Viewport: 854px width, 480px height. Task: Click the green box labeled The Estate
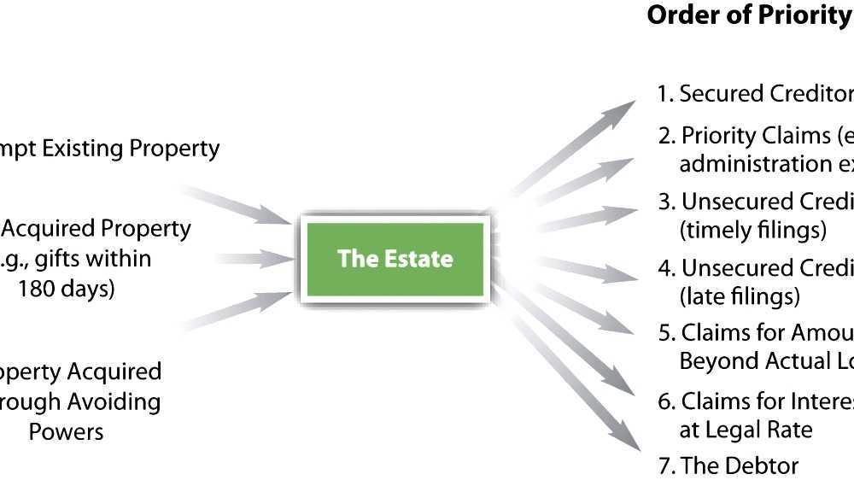pos(395,258)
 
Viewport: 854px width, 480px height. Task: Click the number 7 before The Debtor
pos(664,465)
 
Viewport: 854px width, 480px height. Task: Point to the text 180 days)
pos(66,288)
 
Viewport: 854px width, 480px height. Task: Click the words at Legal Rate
pos(746,430)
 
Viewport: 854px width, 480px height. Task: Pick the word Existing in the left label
pos(85,148)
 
